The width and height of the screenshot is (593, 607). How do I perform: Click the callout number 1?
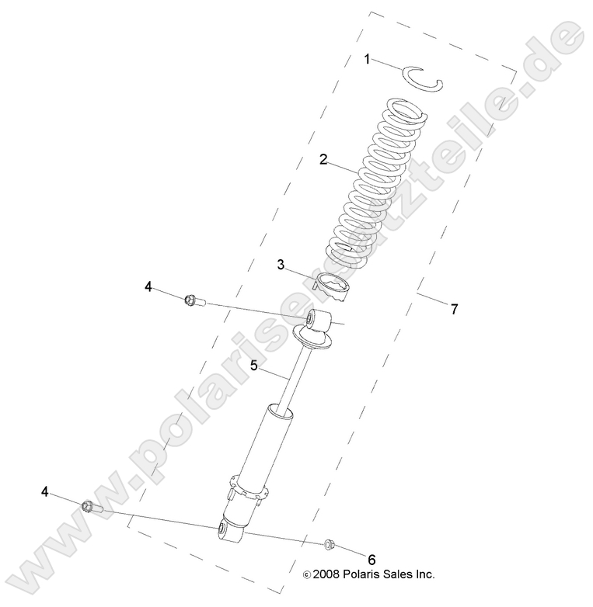pos(368,59)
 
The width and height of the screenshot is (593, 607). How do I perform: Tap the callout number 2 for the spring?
pos(323,160)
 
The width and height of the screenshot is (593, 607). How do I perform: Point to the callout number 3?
pos(281,264)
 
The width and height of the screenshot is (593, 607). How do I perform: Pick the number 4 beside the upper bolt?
pos(148,286)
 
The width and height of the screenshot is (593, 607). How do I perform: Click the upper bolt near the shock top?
pos(194,300)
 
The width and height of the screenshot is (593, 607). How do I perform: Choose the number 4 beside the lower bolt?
pos(46,491)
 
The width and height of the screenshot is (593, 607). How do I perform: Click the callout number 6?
pos(371,559)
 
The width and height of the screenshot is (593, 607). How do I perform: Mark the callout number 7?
pos(455,308)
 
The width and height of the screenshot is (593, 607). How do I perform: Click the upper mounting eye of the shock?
pos(318,319)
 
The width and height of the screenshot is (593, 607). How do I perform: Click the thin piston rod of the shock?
pos(295,380)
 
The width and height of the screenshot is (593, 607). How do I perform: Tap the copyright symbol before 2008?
pos(306,575)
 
